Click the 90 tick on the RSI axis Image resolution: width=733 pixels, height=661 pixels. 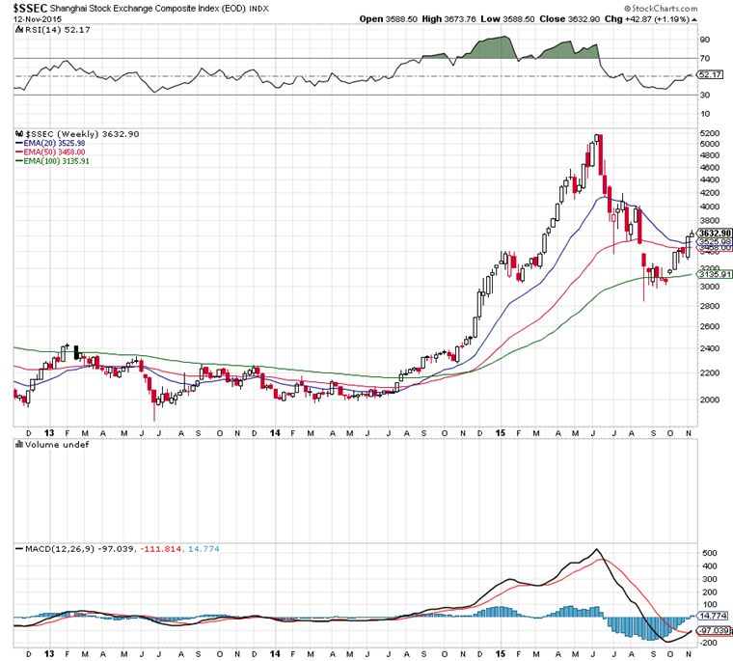(705, 40)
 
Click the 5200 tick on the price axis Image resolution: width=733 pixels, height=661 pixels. (709, 133)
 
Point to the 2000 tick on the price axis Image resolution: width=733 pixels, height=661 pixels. (709, 399)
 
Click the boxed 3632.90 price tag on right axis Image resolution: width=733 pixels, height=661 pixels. (713, 233)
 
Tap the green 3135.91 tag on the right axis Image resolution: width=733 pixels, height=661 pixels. (713, 274)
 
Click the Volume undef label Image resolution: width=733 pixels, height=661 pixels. (52, 446)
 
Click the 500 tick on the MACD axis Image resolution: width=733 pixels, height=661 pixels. (707, 554)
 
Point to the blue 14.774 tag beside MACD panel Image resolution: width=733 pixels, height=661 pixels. (713, 615)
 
